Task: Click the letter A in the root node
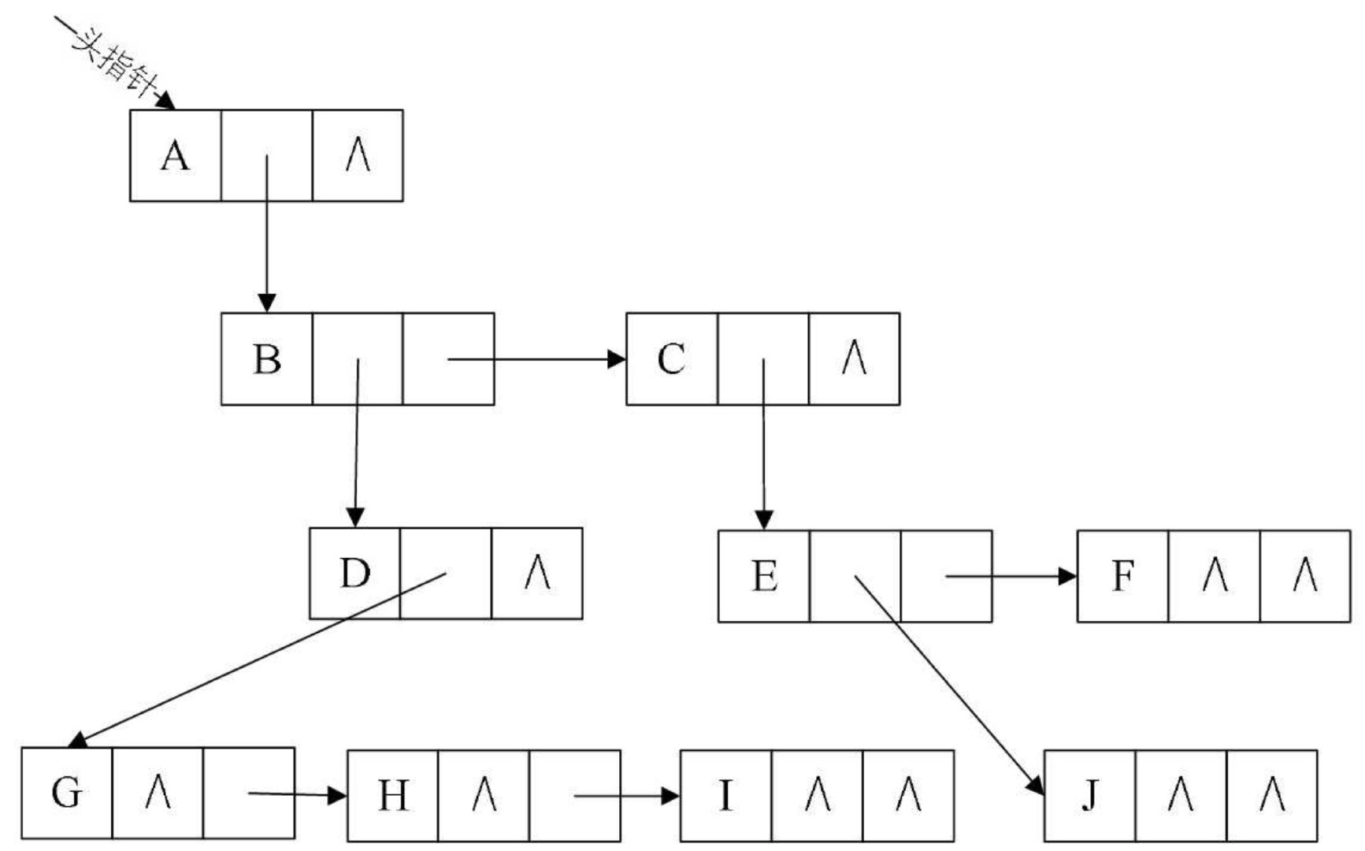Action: tap(175, 156)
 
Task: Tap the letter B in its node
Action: tap(267, 359)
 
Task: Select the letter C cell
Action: tap(671, 359)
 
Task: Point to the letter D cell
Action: tap(354, 574)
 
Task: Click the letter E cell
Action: tap(764, 577)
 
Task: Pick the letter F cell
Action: tap(1122, 577)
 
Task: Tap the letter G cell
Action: tap(66, 793)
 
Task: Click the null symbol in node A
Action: tap(358, 156)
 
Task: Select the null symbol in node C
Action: tap(855, 359)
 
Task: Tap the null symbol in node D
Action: tap(537, 574)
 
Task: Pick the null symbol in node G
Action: tap(158, 793)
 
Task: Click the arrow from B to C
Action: tap(536, 359)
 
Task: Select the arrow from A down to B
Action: tap(267, 236)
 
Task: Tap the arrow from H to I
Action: tap(626, 796)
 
